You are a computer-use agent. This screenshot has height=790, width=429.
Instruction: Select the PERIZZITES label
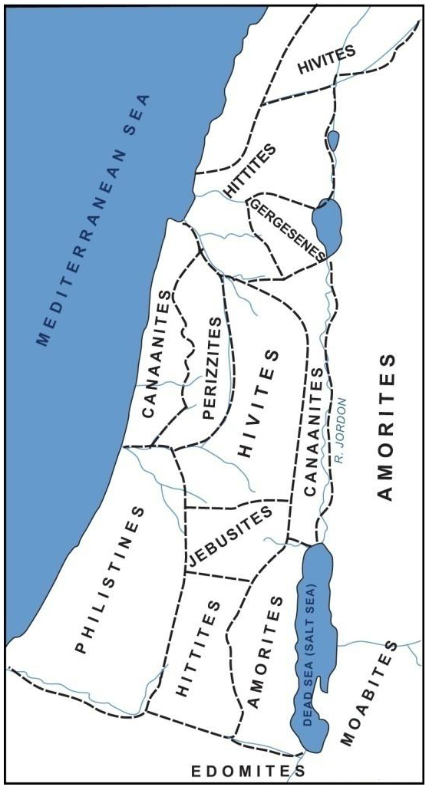click(217, 368)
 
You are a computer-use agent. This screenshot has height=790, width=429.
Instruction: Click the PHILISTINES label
click(111, 580)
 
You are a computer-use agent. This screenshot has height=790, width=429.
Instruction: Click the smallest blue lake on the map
click(333, 141)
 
